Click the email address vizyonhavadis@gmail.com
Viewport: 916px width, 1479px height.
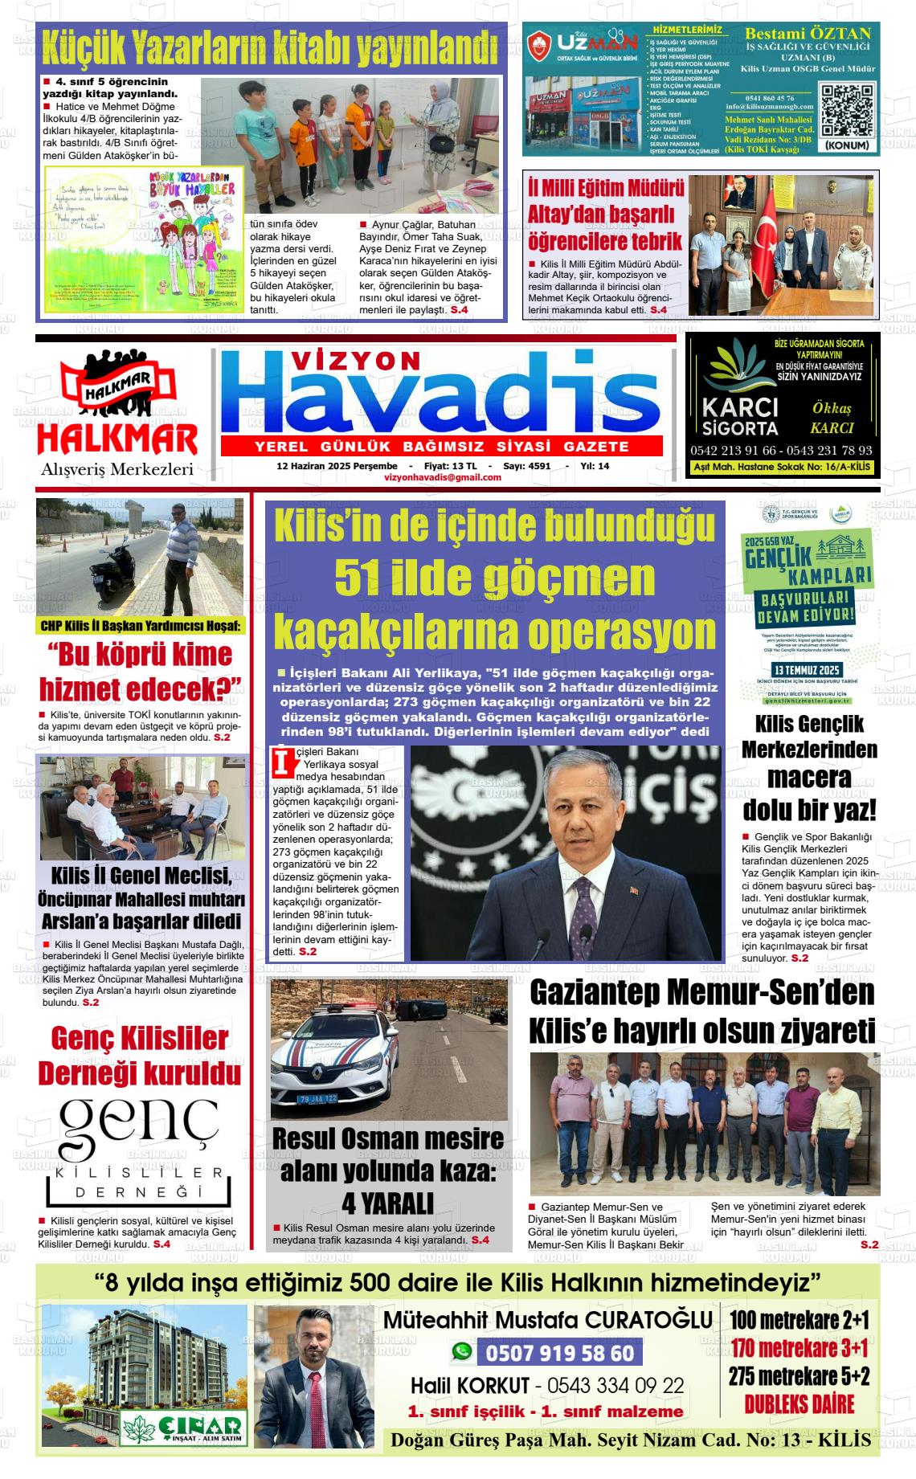point(443,477)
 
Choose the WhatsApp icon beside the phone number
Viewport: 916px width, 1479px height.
point(461,1353)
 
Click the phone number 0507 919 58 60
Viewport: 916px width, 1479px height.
point(558,1354)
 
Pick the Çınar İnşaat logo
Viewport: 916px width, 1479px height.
point(183,1426)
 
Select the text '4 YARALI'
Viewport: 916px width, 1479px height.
point(387,1203)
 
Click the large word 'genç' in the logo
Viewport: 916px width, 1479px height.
point(139,1126)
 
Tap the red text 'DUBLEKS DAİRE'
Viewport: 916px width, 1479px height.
point(799,1403)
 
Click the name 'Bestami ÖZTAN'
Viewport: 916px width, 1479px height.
point(808,34)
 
